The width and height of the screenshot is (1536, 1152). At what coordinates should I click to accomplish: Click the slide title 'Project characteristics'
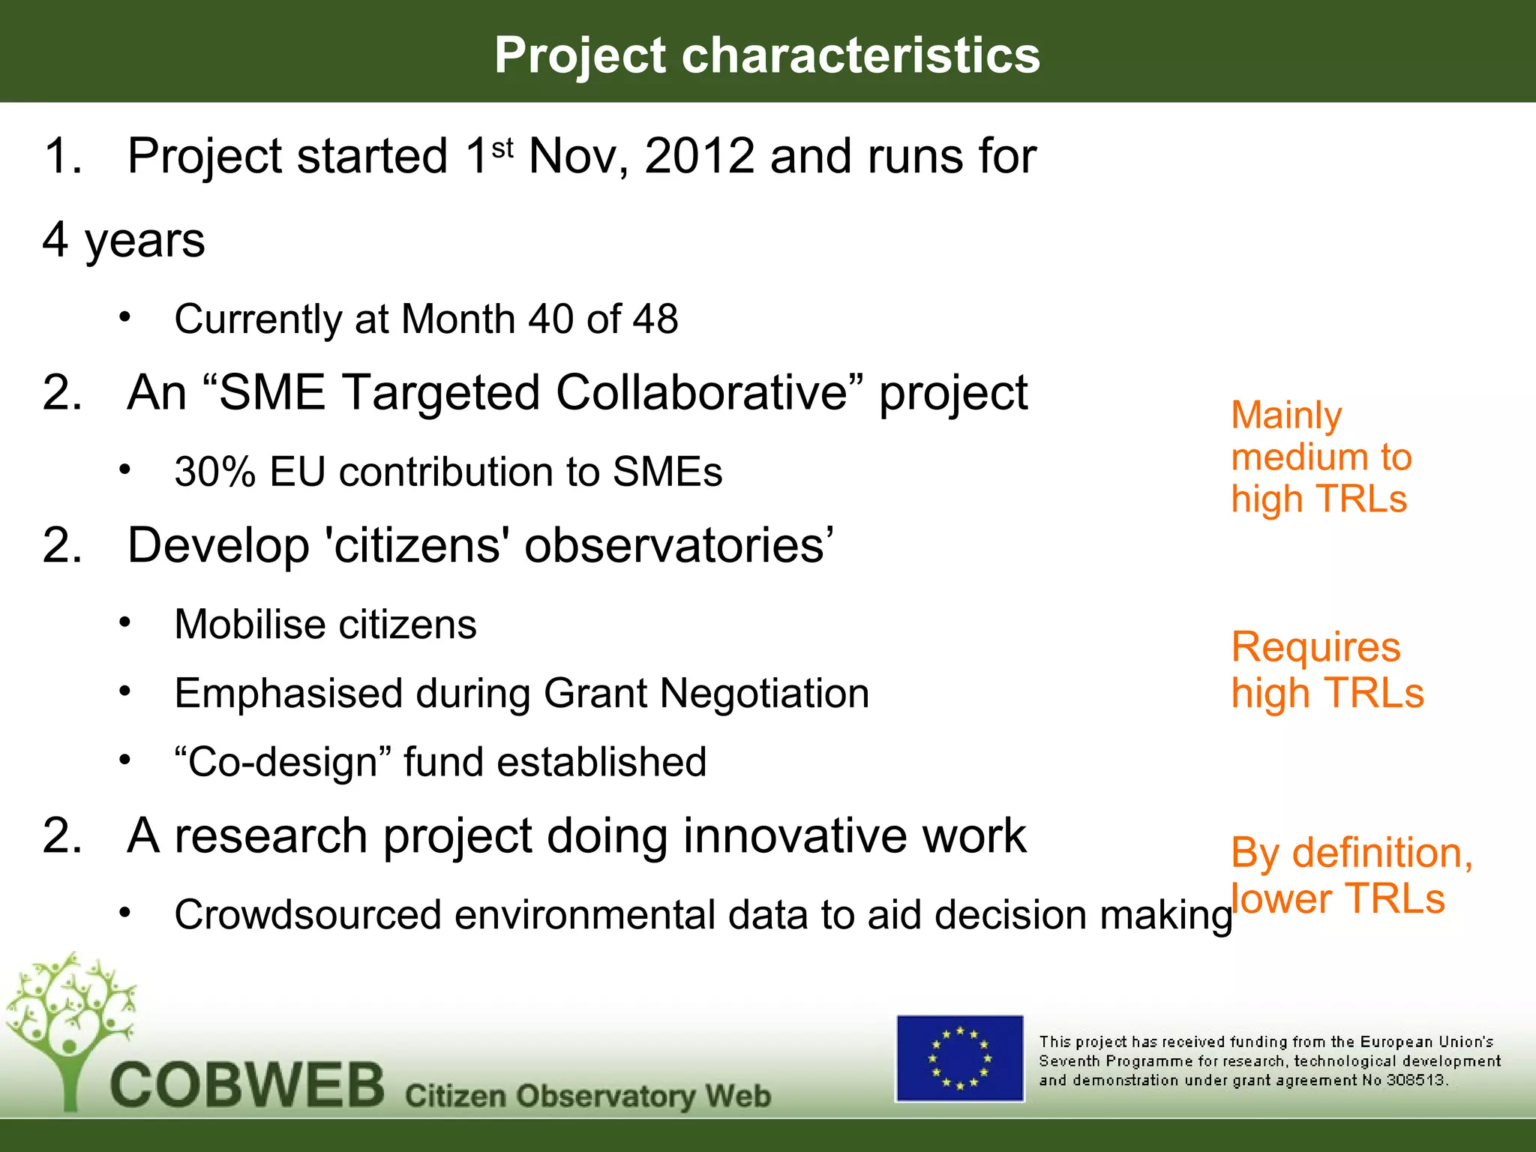click(x=766, y=55)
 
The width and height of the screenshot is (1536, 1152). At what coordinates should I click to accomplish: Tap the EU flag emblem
click(x=959, y=1058)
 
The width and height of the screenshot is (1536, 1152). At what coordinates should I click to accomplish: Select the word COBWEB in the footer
click(x=247, y=1085)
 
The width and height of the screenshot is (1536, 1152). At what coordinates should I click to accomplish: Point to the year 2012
click(x=699, y=156)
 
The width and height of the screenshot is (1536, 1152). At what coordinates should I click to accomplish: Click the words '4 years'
click(x=124, y=240)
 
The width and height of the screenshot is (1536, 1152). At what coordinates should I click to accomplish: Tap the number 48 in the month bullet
click(x=655, y=319)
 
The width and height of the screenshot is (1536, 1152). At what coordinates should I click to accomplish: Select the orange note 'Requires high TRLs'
click(x=1326, y=669)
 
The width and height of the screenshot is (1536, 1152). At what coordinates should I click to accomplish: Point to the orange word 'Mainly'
click(x=1286, y=415)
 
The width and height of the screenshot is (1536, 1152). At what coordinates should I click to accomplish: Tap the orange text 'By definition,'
click(x=1351, y=853)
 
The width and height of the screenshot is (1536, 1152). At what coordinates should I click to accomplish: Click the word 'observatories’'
click(x=679, y=545)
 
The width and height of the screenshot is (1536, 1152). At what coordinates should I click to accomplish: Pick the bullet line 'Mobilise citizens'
click(x=325, y=624)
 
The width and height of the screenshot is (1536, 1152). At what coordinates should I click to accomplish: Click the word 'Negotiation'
click(x=764, y=693)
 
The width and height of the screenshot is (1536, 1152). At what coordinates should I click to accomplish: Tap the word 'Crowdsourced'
click(x=307, y=915)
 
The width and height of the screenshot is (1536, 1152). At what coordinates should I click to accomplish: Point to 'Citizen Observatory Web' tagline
click(x=587, y=1096)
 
